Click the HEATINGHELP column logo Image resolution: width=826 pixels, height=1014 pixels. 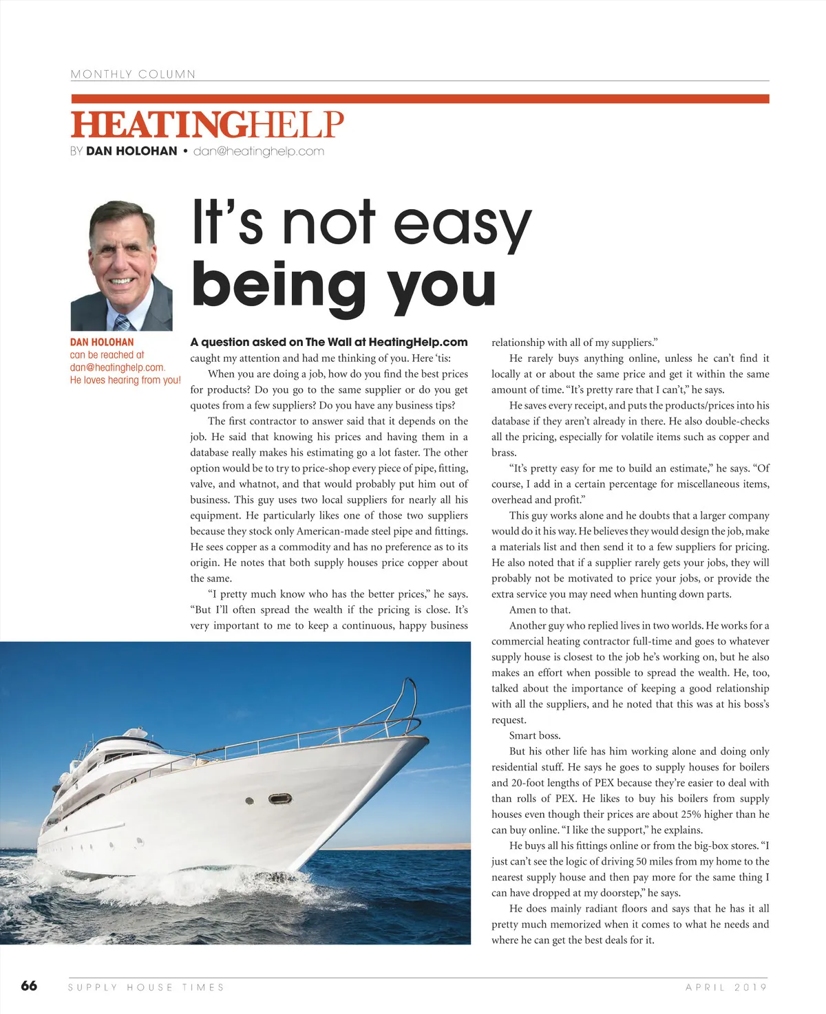pyautogui.click(x=206, y=125)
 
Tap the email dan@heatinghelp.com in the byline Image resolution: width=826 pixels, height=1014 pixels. pyautogui.click(x=258, y=151)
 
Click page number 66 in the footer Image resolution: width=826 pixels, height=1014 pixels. pyautogui.click(x=29, y=986)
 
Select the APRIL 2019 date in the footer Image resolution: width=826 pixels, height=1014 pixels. pyautogui.click(x=726, y=987)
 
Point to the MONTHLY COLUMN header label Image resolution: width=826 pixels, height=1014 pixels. pyautogui.click(x=133, y=74)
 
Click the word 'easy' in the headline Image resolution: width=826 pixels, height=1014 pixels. pyautogui.click(x=462, y=224)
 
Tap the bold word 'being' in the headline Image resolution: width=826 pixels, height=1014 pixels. pyautogui.click(x=278, y=285)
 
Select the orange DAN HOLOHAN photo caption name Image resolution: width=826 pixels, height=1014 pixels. pyautogui.click(x=102, y=342)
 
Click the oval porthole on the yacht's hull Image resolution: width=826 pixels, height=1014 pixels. pyautogui.click(x=280, y=799)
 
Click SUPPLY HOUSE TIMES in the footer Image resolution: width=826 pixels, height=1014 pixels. pyautogui.click(x=146, y=987)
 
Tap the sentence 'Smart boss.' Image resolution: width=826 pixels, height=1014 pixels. pyautogui.click(x=535, y=735)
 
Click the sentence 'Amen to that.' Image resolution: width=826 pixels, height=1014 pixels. pyautogui.click(x=540, y=610)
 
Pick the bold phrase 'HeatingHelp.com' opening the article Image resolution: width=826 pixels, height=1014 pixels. pyautogui.click(x=418, y=342)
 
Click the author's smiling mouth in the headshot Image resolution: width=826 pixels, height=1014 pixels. pyautogui.click(x=121, y=281)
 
